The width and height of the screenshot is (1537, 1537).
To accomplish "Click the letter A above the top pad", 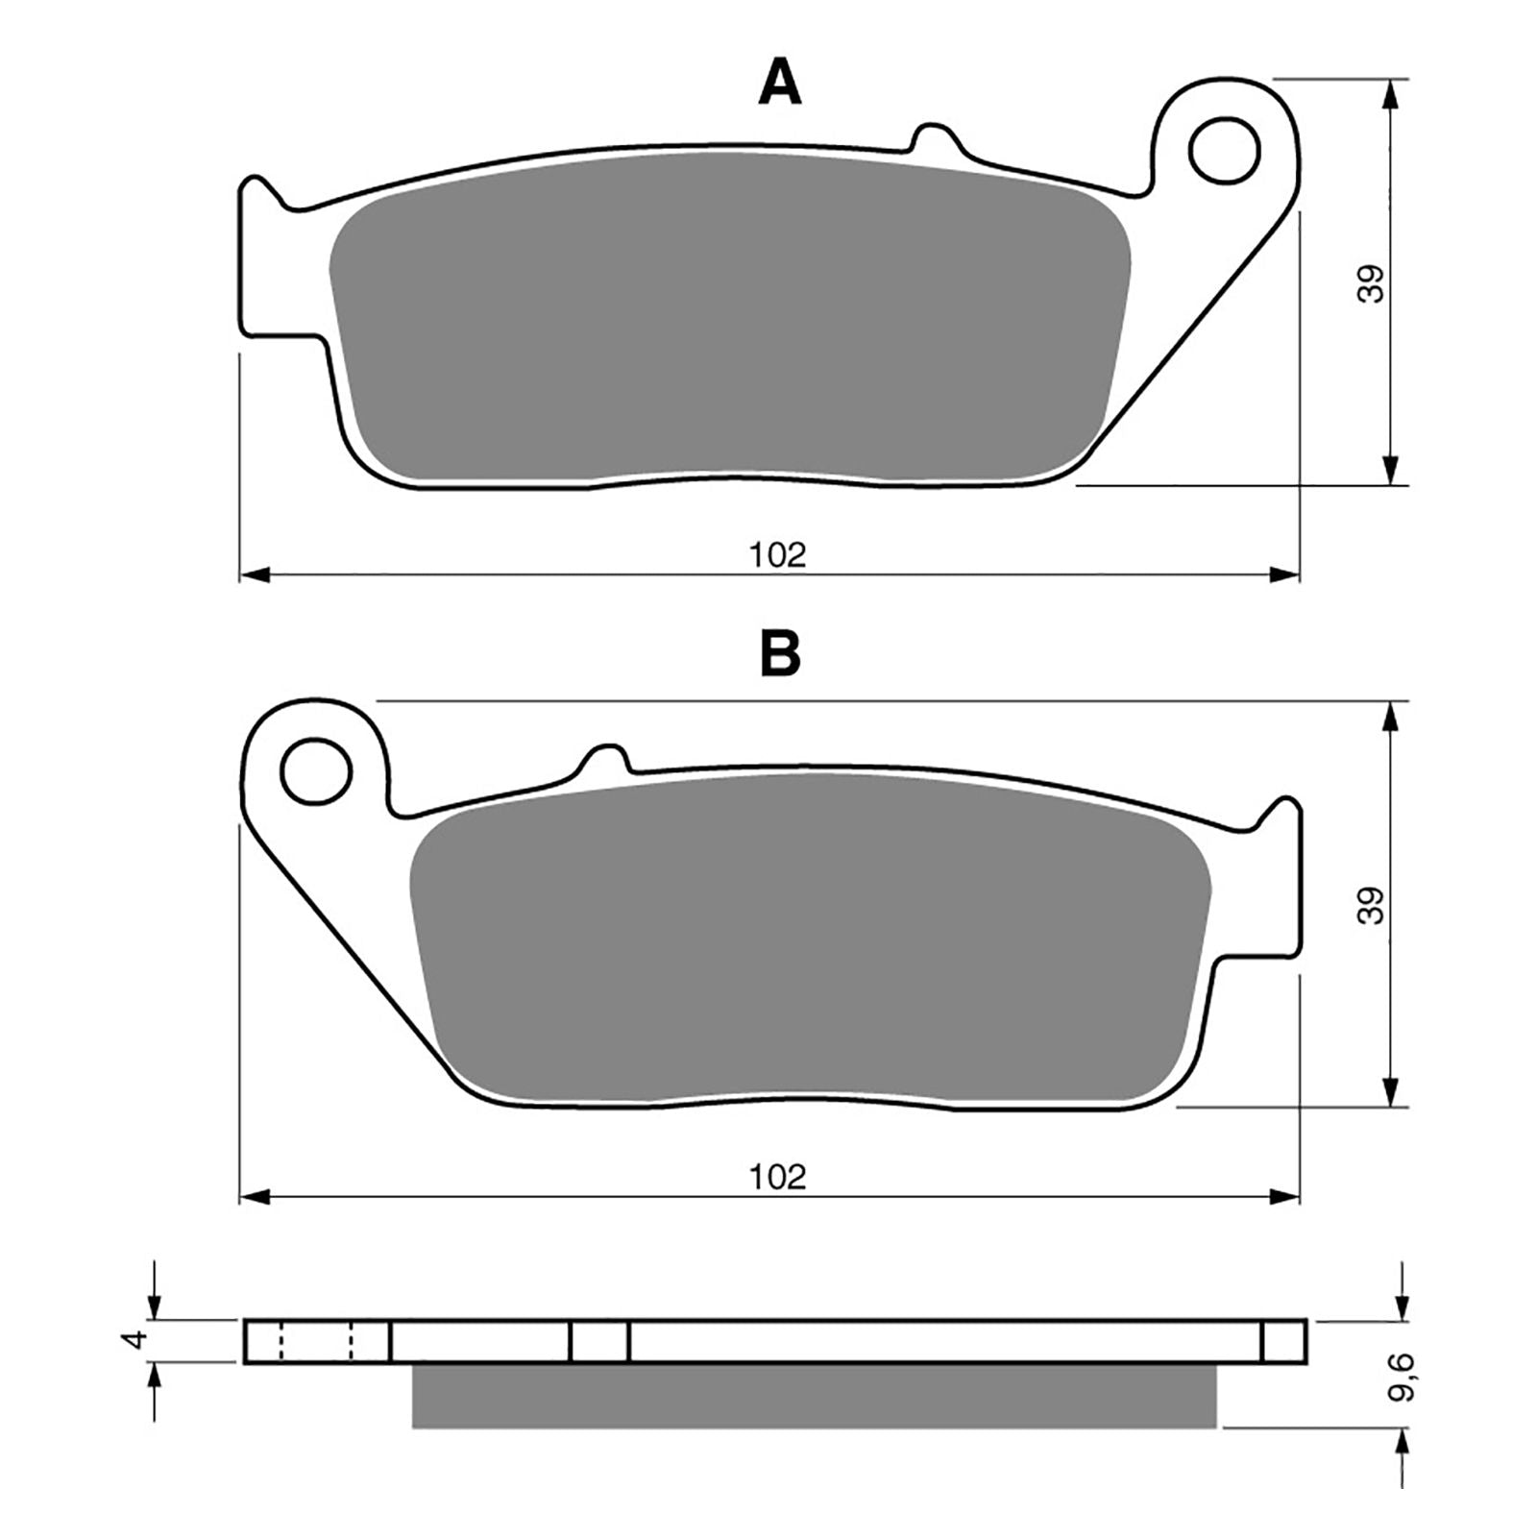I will click(x=779, y=85).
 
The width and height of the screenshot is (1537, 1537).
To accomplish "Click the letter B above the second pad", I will click(x=779, y=655).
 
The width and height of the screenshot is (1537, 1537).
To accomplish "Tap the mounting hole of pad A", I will click(x=1224, y=149).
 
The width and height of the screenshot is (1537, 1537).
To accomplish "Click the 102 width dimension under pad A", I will click(x=778, y=554).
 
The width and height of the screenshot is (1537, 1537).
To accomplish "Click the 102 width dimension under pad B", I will click(x=778, y=1176).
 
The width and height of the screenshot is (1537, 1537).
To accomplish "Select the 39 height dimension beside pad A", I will click(x=1372, y=283).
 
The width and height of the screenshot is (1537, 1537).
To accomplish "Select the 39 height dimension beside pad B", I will click(x=1372, y=905).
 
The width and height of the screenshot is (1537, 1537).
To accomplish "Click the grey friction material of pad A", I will click(x=730, y=317).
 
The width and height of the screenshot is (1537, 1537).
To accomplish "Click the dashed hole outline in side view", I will click(x=316, y=1341).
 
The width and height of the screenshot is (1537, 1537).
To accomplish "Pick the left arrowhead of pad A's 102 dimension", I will click(x=252, y=574).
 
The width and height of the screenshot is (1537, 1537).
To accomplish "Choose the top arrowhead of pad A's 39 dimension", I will click(x=1389, y=92).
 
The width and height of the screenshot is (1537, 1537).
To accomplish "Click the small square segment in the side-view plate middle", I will click(x=599, y=1341).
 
